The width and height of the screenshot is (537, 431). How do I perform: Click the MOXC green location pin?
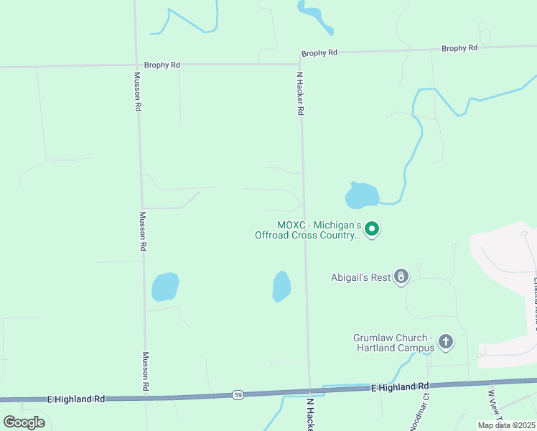coord(372,229)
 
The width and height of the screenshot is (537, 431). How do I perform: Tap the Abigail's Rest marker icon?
coord(401,276)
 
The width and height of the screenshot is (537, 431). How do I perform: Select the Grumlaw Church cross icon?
coord(446,341)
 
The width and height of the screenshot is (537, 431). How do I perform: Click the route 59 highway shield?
coord(237,394)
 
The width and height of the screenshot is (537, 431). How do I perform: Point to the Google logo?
coord(24,422)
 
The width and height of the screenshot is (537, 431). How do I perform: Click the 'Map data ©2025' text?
coord(506,425)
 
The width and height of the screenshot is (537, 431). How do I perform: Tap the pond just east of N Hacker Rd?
coord(362,195)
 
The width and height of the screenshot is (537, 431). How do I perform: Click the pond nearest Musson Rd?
coord(165,287)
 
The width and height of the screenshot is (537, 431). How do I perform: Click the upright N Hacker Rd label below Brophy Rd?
coord(301,93)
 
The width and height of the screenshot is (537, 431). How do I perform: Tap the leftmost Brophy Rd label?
coord(162,65)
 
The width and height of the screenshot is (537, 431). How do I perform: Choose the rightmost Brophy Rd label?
coord(459,48)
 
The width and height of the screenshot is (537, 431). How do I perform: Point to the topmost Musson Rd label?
coord(137,91)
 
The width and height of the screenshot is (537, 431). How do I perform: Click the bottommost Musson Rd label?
coord(145,371)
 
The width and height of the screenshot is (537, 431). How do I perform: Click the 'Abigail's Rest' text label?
coord(360,277)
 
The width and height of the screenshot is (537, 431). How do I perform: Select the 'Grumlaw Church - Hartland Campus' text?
coord(393,343)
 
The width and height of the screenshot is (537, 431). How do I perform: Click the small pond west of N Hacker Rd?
coord(281,287)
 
